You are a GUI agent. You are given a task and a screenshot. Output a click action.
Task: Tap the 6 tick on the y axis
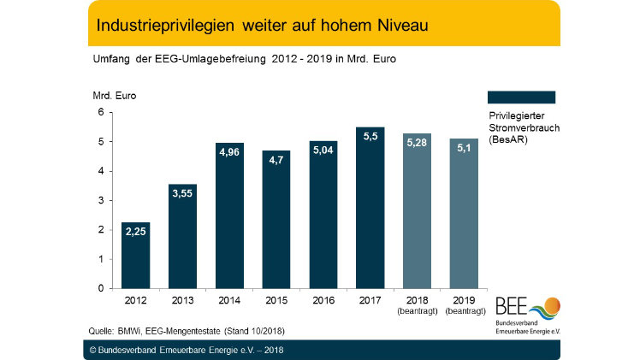(100, 112)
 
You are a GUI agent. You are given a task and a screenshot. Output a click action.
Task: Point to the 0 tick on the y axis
(100, 288)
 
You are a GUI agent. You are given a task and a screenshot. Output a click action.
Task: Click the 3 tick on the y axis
(100, 200)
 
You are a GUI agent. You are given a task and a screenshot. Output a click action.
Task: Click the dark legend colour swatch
(520, 97)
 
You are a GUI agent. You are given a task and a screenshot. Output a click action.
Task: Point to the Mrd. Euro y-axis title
(114, 95)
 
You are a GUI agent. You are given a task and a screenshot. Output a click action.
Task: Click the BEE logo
(527, 313)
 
